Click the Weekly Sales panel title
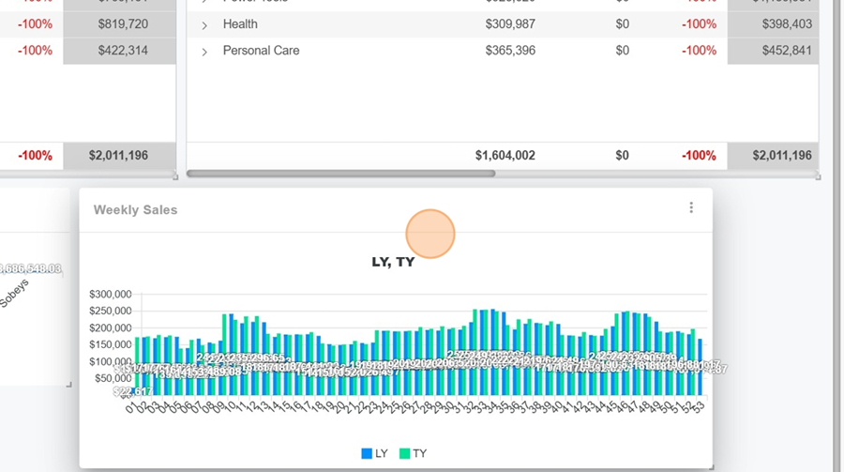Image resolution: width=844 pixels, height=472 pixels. point(135,210)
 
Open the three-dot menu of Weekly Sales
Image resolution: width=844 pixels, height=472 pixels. point(691,208)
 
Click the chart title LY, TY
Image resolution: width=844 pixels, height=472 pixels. point(393,262)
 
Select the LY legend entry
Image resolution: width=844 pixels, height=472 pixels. point(374,453)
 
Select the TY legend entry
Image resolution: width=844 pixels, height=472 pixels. point(413,453)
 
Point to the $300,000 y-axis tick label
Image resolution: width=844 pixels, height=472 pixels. point(110,295)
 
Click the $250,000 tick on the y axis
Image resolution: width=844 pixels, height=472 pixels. point(110,312)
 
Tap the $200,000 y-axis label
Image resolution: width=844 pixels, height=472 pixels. point(110,328)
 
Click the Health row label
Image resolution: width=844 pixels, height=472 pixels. point(240,24)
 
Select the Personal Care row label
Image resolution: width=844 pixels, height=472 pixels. point(261,51)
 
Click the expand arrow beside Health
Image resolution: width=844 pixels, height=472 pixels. point(204,25)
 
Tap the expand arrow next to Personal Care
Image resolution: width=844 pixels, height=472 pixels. point(204,52)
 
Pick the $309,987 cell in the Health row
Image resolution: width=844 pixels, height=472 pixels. point(510,24)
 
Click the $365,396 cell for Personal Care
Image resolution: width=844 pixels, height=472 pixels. point(510,51)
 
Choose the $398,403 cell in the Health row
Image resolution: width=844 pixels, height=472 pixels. point(782,24)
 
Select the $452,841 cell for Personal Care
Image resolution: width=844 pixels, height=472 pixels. point(782,51)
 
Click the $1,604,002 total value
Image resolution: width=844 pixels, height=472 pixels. point(505,156)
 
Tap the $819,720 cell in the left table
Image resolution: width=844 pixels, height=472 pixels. point(122,24)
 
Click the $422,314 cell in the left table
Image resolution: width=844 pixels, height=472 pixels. point(122,51)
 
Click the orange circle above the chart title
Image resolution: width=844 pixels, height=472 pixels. point(430,234)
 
